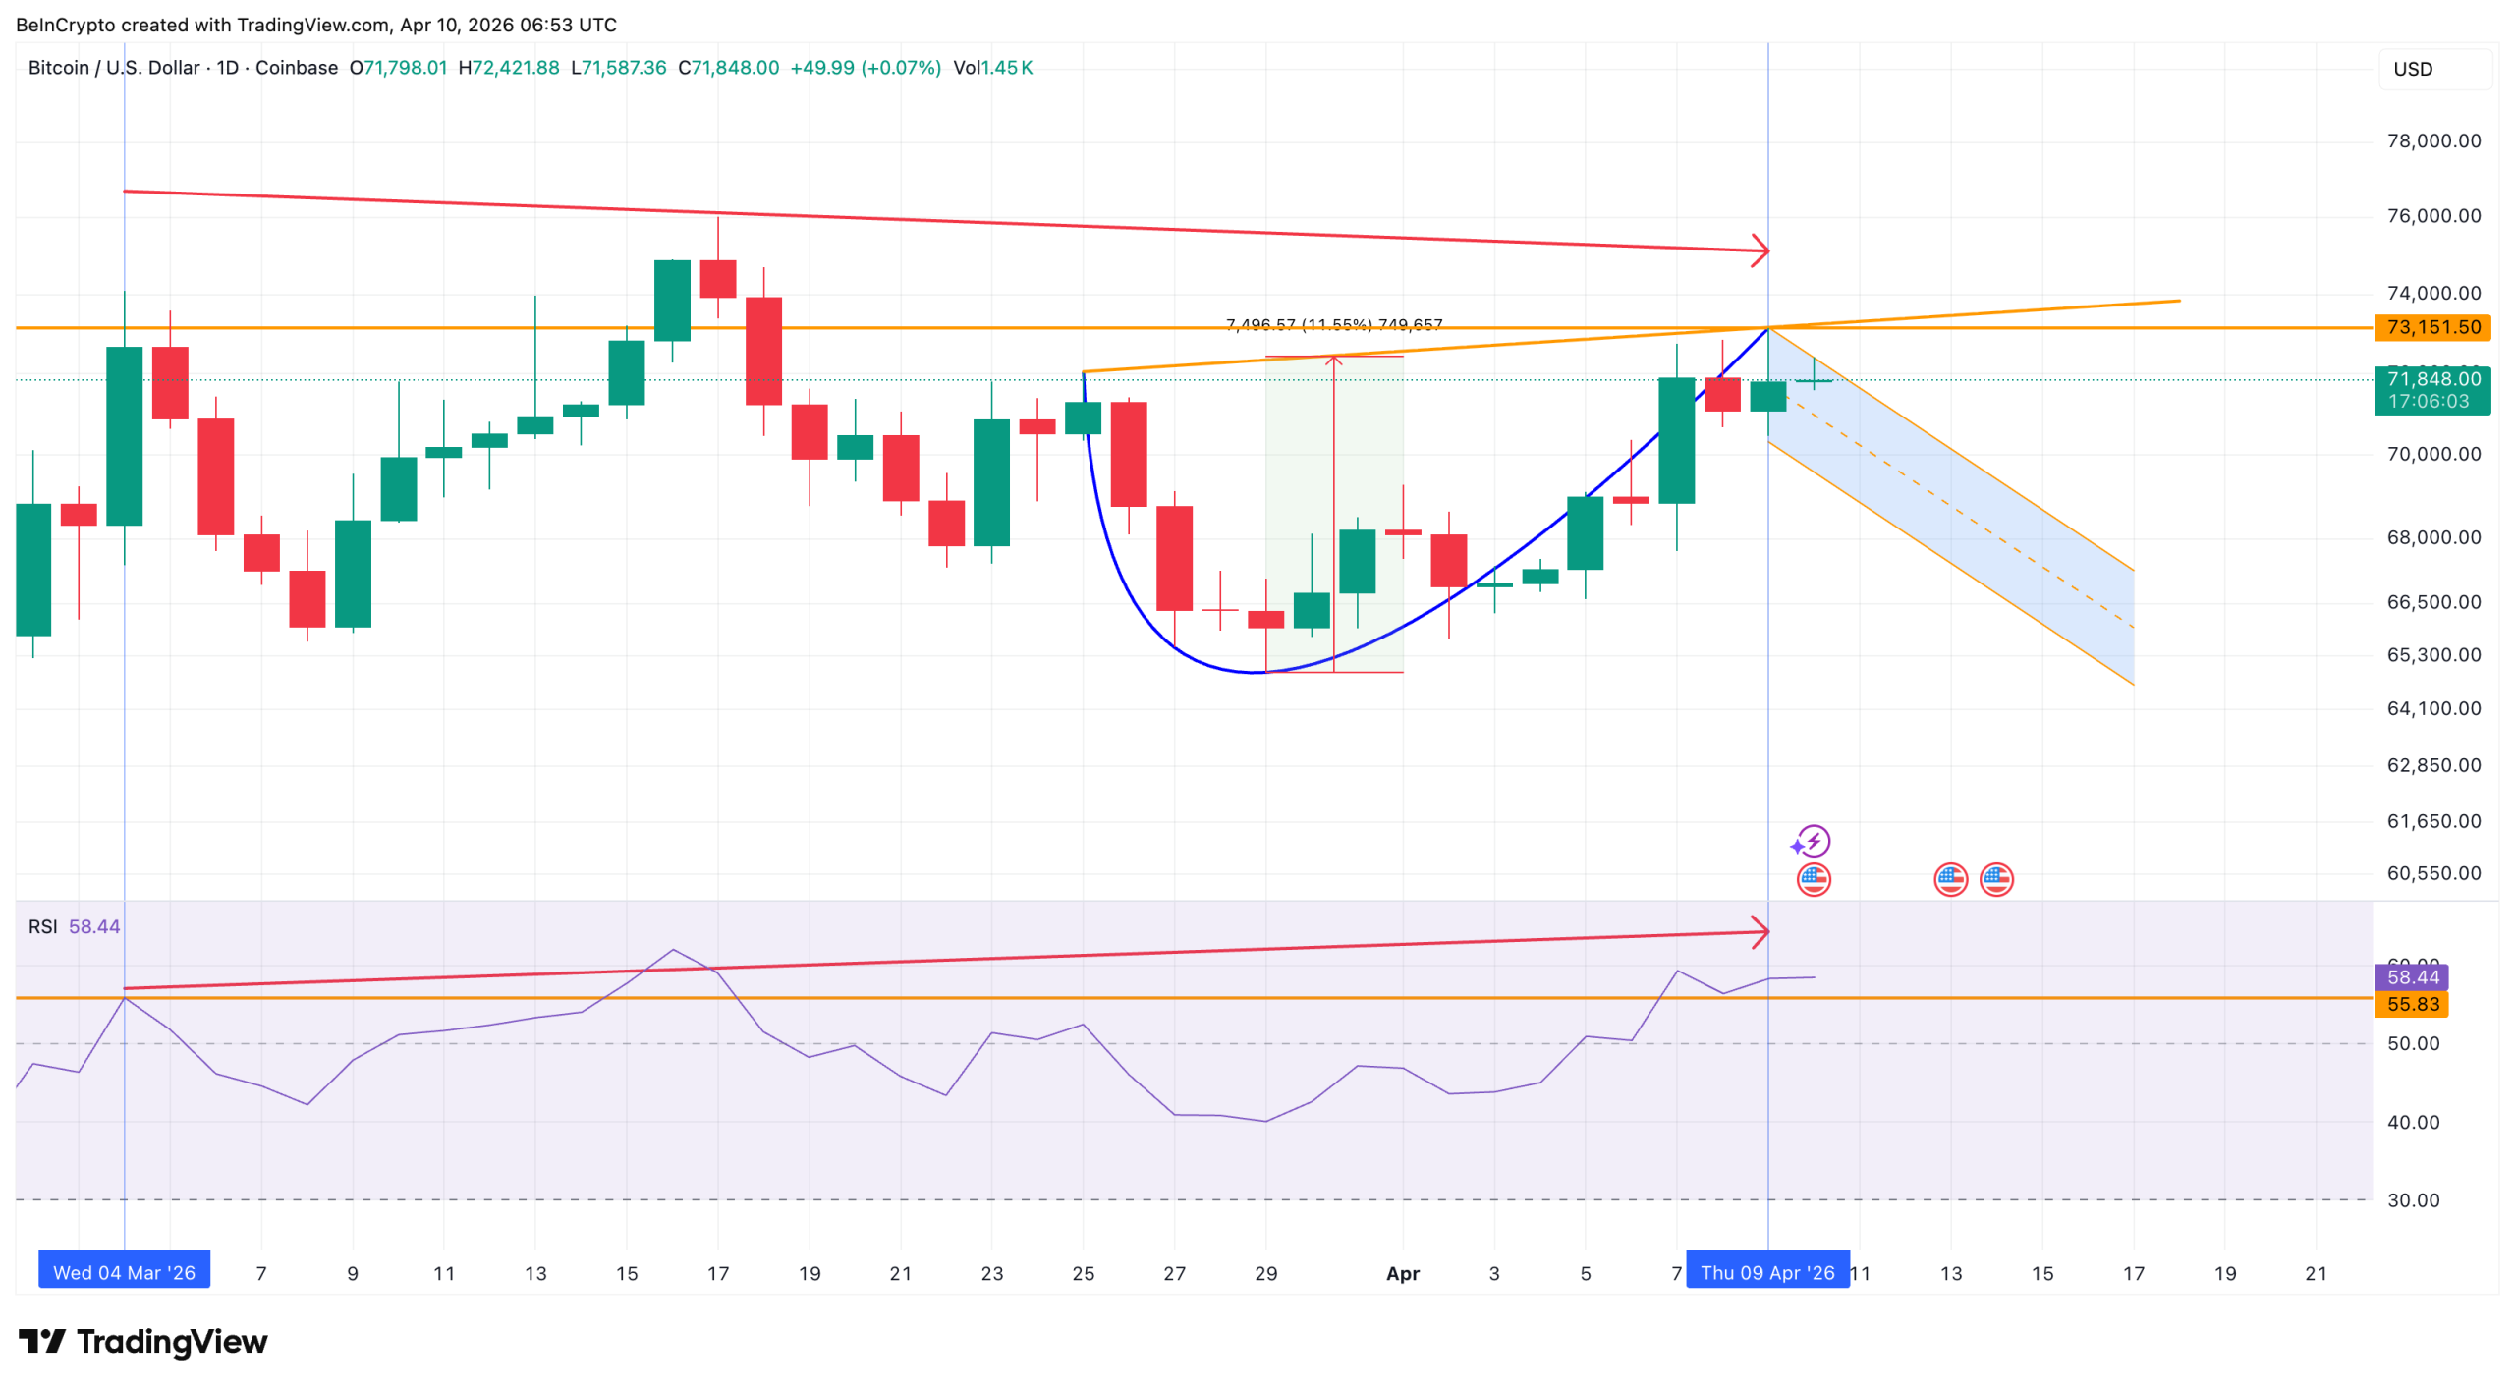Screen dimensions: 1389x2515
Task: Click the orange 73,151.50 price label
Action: coord(2431,327)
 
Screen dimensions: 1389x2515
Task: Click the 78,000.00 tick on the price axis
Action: coord(2432,141)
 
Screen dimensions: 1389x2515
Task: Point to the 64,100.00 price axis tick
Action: coord(2432,709)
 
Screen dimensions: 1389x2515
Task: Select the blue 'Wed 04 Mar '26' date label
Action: coord(124,1273)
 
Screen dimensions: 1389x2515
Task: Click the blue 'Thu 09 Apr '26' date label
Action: coord(1766,1273)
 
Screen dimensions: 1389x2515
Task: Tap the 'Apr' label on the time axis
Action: coord(1402,1274)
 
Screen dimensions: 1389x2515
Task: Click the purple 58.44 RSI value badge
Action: coord(2412,977)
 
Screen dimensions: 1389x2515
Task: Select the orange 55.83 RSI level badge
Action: coord(2412,1004)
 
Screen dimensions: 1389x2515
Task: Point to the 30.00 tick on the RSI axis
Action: coord(2413,1200)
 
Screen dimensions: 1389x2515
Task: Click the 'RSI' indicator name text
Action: coord(42,927)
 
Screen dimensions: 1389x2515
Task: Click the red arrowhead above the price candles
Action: coord(1760,250)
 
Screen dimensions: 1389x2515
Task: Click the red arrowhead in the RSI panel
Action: coord(1760,931)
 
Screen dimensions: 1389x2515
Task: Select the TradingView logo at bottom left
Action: coord(142,1342)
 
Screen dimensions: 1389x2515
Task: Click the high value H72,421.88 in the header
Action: coord(509,68)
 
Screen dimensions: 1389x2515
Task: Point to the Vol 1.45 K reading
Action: coord(992,68)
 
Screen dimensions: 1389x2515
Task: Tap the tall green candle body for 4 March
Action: coord(124,436)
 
